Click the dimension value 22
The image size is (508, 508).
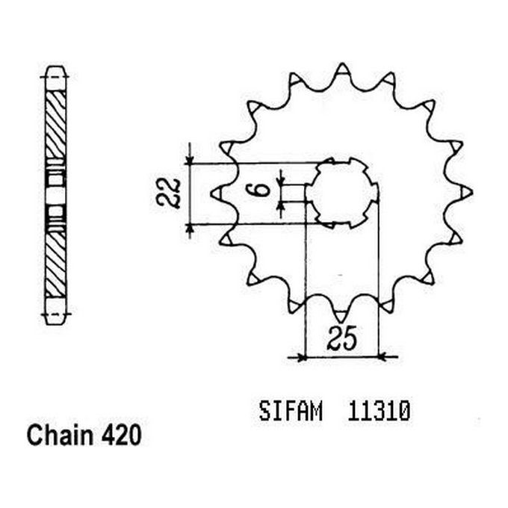pyautogui.click(x=171, y=193)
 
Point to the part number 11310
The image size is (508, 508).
pyautogui.click(x=379, y=412)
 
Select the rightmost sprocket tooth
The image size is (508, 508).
pyautogui.click(x=466, y=193)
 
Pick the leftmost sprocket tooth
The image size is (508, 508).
pyautogui.click(x=217, y=193)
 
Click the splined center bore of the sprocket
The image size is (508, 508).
pyautogui.click(x=341, y=193)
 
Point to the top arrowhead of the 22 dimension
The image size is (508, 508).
pyautogui.click(x=191, y=158)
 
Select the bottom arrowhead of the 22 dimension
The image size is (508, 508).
pyautogui.click(x=191, y=228)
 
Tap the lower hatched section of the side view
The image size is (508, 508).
pyautogui.click(x=55, y=265)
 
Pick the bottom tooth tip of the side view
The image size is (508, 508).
pyautogui.click(x=55, y=317)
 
